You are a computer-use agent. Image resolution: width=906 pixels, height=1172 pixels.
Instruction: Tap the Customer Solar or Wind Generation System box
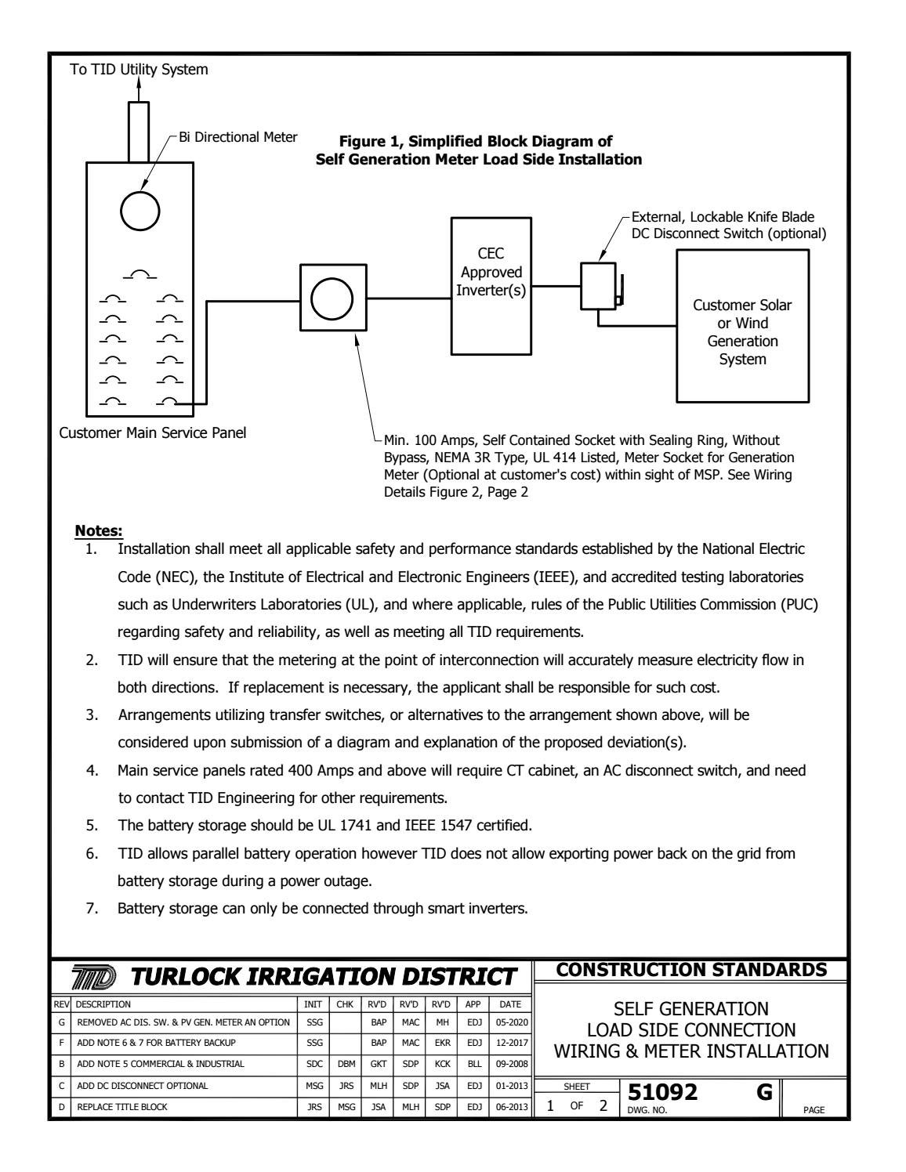pyautogui.click(x=742, y=325)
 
